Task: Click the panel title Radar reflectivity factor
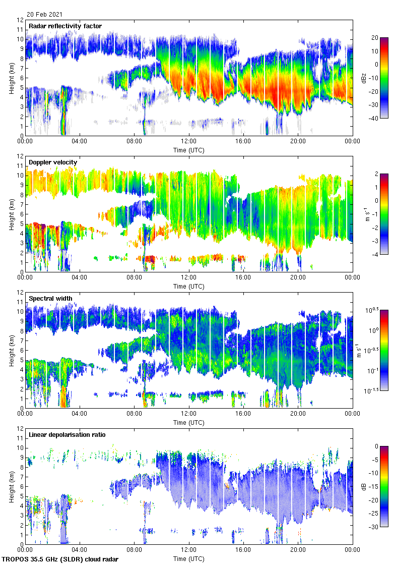65,26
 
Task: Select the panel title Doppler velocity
53,162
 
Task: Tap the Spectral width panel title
50,298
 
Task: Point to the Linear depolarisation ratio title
67,434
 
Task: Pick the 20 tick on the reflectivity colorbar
375,37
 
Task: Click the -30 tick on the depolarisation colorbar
374,527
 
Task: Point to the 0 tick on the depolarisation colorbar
375,446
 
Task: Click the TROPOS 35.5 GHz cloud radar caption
60,559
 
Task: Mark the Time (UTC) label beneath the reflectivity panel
189,150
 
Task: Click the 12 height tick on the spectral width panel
20,292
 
